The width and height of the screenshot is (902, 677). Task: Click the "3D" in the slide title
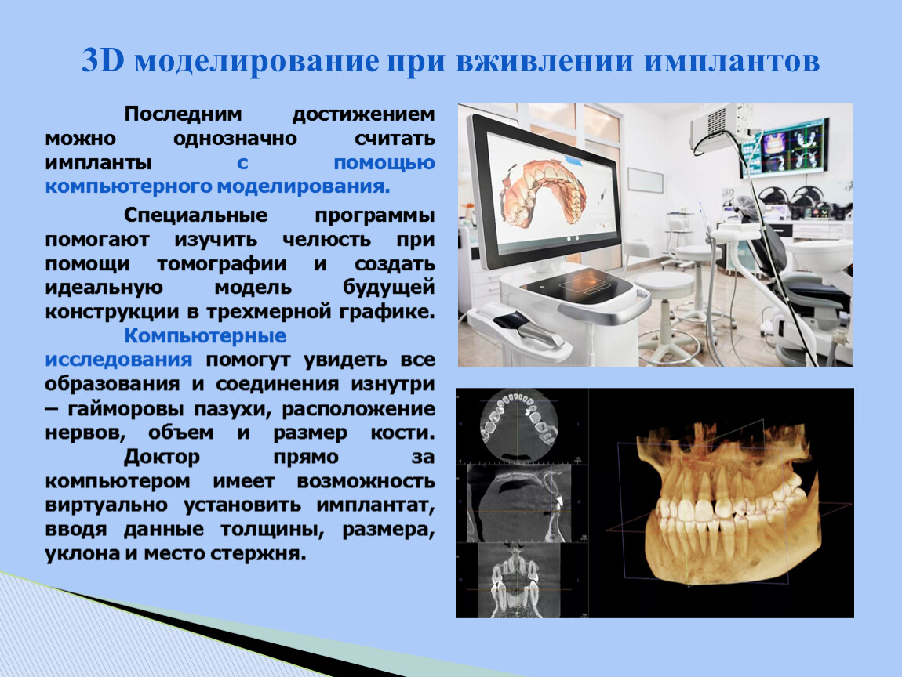[103, 60]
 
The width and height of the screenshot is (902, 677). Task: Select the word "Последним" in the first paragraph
[183, 114]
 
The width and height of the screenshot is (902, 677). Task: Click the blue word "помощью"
[384, 163]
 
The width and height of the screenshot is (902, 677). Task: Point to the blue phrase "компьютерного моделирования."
[217, 186]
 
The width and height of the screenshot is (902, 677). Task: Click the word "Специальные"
[195, 215]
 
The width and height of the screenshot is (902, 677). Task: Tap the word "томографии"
[221, 264]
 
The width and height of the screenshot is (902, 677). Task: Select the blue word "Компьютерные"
[205, 335]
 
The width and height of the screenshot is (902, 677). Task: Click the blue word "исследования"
[118, 360]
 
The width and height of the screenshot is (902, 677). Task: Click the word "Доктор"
[162, 457]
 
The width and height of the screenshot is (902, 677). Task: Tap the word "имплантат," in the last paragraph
[375, 505]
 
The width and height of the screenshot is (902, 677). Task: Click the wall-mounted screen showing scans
[789, 147]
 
